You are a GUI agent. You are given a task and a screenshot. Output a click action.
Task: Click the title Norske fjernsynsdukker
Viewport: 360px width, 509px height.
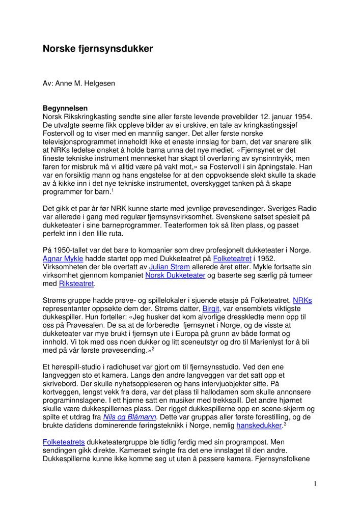pyautogui.click(x=97, y=49)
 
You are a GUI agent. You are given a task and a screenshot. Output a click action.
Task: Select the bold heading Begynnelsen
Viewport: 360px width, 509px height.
pyautogui.click(x=65, y=108)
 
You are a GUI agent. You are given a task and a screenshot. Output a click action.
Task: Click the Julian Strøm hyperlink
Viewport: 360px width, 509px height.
pyautogui.click(x=165, y=267)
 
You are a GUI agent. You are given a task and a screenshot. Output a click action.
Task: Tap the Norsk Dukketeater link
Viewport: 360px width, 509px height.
pyautogui.click(x=175, y=275)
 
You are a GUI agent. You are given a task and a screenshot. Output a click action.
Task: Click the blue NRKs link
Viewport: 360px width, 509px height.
pyautogui.click(x=302, y=300)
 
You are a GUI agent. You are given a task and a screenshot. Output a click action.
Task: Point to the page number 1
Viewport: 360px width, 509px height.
pyautogui.click(x=315, y=484)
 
